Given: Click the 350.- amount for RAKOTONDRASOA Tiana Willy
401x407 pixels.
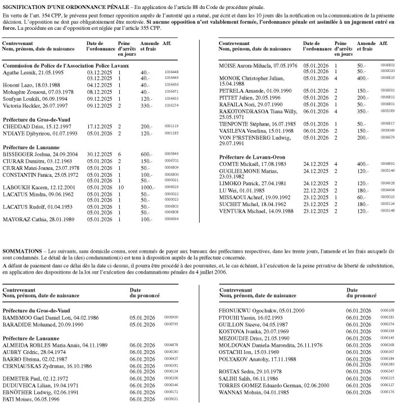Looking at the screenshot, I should coord(362,112).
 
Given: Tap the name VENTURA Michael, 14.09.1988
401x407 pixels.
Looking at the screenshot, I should coord(258,211).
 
